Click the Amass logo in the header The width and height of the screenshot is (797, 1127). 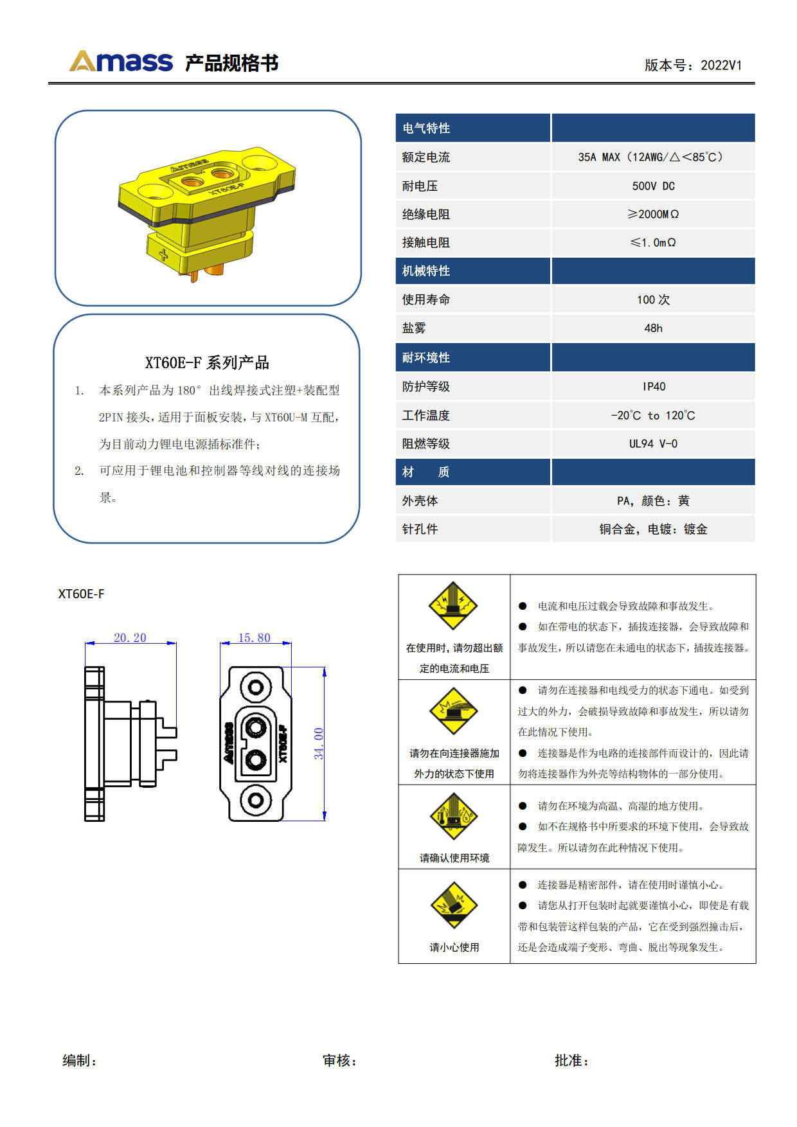coord(121,62)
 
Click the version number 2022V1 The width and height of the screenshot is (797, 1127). coord(721,65)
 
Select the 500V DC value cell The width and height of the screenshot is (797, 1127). coord(653,186)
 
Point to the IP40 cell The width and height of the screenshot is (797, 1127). coord(654,386)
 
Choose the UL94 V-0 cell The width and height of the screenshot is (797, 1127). coord(653,443)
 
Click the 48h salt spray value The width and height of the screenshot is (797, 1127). coord(653,328)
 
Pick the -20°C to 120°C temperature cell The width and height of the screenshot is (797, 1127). coord(653,415)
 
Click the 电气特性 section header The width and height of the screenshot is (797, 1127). coord(426,128)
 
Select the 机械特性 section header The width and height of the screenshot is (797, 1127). coord(426,271)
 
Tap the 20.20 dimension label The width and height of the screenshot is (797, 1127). coord(130,637)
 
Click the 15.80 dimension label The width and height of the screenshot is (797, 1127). coord(255,637)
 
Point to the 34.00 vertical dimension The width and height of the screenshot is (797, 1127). coord(319,743)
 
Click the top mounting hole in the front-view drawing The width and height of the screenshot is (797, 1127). coord(256,687)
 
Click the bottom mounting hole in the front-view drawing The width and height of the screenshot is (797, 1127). coord(256,800)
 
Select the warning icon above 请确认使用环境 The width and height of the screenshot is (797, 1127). coord(454,816)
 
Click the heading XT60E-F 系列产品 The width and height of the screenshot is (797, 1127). coord(207,362)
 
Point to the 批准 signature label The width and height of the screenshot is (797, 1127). coord(571,1060)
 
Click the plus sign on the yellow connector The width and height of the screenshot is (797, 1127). coord(163,254)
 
